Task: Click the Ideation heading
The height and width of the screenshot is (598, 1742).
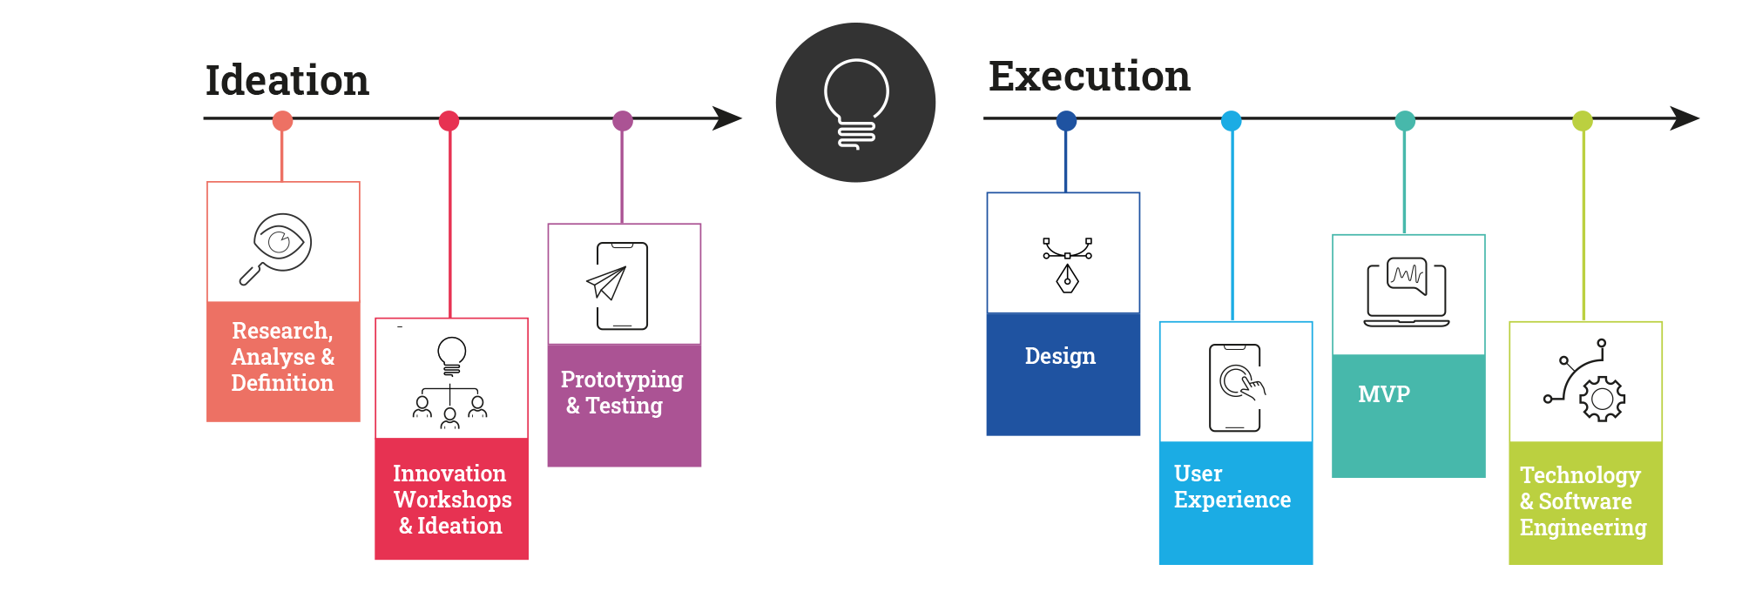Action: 287,81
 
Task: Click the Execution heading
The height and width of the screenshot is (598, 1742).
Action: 1089,77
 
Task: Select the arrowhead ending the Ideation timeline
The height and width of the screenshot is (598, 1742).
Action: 727,118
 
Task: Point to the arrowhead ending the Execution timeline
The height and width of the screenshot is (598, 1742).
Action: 1685,118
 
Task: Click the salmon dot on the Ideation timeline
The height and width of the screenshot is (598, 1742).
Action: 282,121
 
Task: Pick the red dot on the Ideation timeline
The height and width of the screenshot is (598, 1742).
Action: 449,121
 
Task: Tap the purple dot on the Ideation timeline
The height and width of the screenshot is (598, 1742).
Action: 622,121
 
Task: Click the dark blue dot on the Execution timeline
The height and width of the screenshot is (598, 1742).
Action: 1065,121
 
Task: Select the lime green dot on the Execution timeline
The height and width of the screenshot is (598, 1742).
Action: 1583,121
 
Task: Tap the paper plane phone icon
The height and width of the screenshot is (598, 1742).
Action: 620,285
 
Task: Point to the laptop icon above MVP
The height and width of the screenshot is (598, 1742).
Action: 1407,292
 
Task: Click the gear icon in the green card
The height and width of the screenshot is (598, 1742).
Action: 1601,399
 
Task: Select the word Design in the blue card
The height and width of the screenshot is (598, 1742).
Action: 1060,356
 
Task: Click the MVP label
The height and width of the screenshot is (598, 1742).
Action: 1384,394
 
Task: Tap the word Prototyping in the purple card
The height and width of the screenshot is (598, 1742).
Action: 622,380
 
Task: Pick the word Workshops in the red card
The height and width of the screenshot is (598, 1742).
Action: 452,500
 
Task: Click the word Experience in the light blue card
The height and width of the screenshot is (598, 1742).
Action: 1232,500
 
